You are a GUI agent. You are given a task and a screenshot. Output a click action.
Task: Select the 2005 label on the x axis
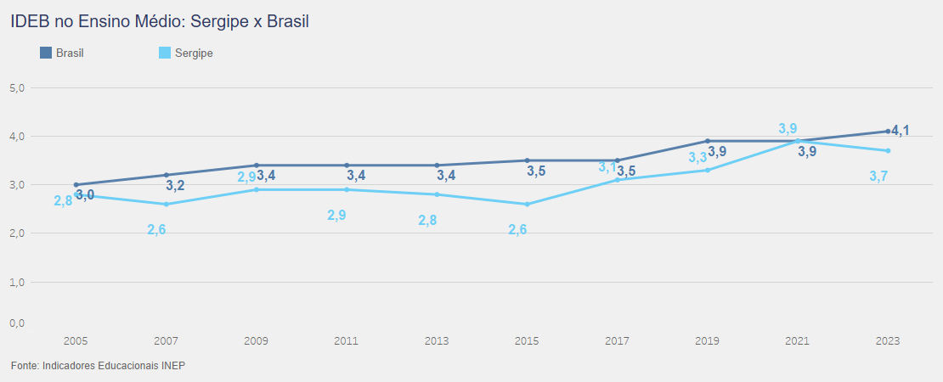[76, 340]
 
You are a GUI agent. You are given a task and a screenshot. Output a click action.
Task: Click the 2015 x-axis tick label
[527, 340]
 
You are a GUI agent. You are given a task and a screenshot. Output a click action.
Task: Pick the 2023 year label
[888, 340]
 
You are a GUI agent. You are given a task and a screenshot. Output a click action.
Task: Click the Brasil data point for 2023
[888, 132]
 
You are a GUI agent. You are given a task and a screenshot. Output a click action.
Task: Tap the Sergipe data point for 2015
[527, 204]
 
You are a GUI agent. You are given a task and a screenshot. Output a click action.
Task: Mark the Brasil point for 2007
[167, 175]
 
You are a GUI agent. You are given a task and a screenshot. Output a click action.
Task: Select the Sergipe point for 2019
[708, 170]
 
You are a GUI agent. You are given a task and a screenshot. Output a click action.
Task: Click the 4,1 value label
[901, 131]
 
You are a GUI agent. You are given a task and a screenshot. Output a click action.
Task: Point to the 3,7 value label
[878, 176]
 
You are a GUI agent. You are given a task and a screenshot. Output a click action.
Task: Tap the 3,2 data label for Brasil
[175, 186]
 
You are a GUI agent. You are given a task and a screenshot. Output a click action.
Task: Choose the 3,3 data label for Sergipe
[697, 158]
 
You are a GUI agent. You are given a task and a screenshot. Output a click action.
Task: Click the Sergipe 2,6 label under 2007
[156, 229]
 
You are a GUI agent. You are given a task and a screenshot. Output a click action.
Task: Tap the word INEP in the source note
[172, 366]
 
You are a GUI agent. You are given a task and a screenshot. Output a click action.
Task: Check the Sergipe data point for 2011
[347, 189]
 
